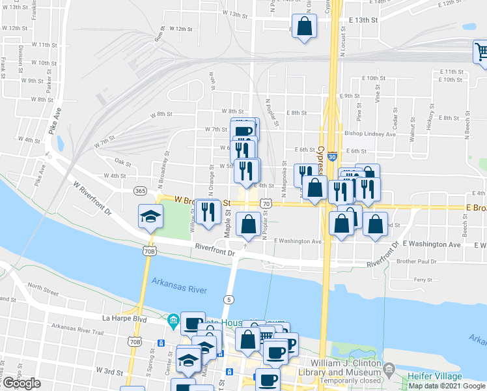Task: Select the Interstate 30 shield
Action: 332,157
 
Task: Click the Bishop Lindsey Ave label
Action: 370,134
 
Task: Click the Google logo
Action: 21,383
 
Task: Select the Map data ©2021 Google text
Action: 447,386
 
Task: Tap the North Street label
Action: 44,287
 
